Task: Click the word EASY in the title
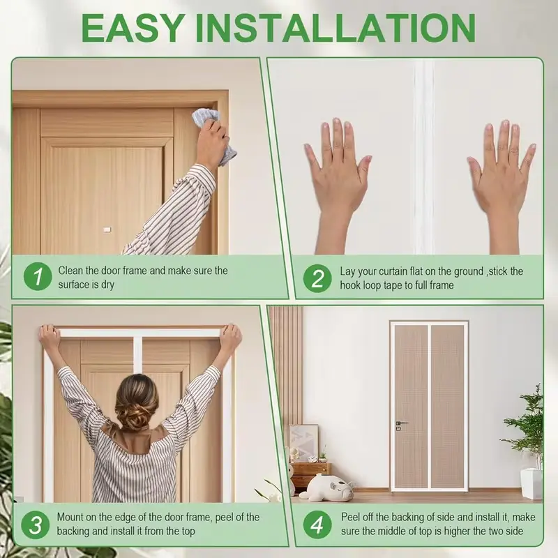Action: [132, 28]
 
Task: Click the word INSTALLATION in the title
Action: [335, 28]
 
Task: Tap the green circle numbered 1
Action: [38, 276]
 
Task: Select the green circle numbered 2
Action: [317, 278]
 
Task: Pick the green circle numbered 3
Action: [36, 525]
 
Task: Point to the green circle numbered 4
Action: [317, 525]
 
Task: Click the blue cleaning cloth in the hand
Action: [215, 135]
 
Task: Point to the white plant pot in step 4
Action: [531, 483]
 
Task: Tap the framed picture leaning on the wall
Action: [303, 442]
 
